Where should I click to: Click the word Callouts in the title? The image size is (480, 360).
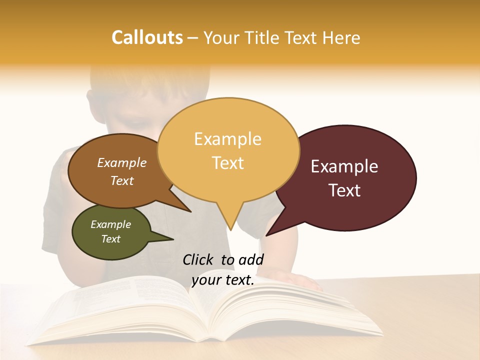coord(147,37)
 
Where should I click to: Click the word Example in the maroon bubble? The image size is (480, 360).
coord(344,166)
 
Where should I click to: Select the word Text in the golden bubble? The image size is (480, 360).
coord(228,163)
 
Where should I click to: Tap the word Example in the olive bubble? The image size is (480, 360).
coord(110,224)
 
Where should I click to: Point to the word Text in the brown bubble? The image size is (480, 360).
coord(122,181)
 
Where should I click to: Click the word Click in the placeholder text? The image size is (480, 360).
coord(199,259)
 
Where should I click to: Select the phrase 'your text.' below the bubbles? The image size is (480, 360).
coord(222,280)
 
